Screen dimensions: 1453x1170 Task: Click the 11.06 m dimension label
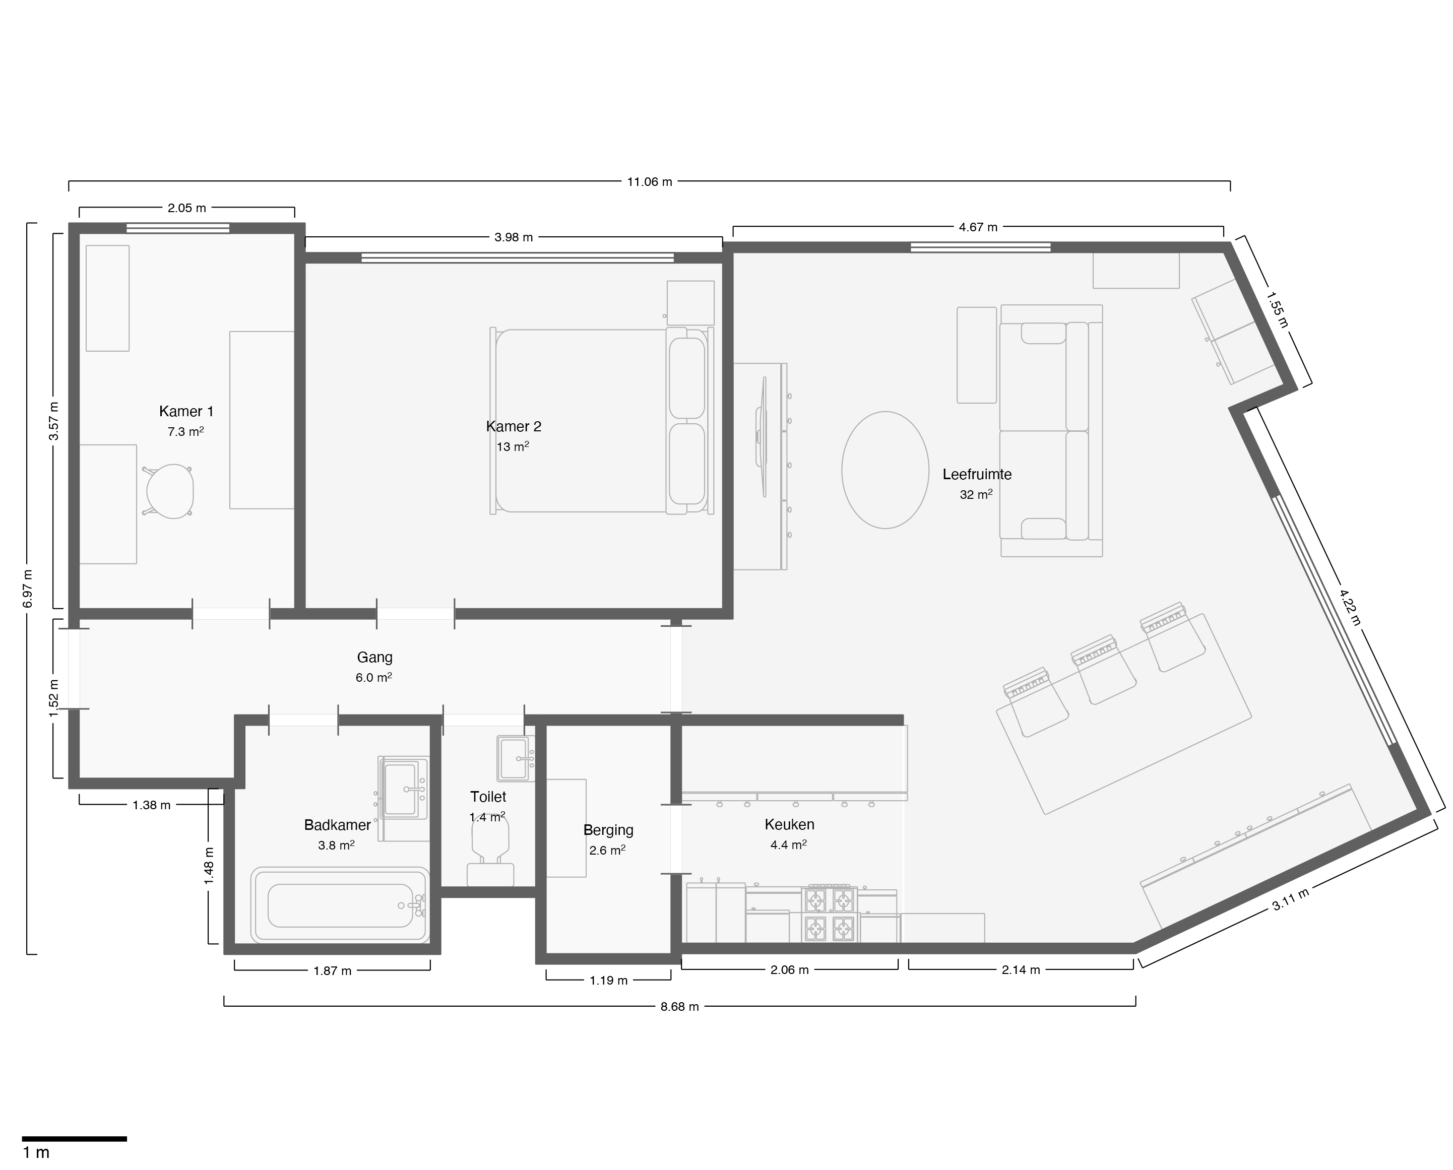coord(650,181)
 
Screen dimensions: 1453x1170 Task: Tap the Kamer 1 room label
coord(186,411)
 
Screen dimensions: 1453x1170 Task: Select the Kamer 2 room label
coord(514,426)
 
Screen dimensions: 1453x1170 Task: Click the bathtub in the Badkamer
coord(340,905)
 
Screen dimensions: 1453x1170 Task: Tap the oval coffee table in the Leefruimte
coord(885,470)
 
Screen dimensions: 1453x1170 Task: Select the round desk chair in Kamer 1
coord(170,491)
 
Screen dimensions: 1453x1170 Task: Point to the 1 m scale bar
coord(74,1139)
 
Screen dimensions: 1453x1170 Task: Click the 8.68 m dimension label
coord(679,1006)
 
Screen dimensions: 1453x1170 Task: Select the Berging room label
coord(608,830)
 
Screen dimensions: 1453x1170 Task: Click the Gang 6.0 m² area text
coord(374,677)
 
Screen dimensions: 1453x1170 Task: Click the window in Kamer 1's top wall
coord(178,228)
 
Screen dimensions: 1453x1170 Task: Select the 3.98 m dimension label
coord(514,237)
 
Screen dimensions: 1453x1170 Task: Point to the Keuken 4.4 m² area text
coord(789,844)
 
